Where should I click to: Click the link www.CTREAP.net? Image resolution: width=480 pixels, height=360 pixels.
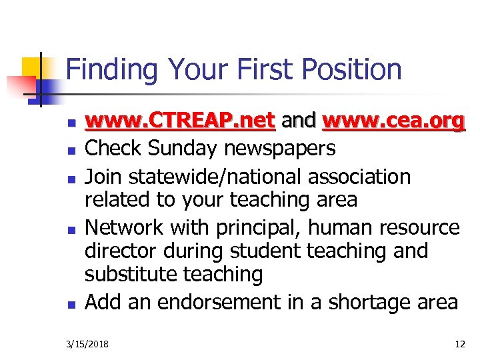181,121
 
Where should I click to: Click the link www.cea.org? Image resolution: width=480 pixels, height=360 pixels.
393,121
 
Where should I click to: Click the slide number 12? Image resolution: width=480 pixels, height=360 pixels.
459,345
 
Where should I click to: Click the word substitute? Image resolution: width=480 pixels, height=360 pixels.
127,274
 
